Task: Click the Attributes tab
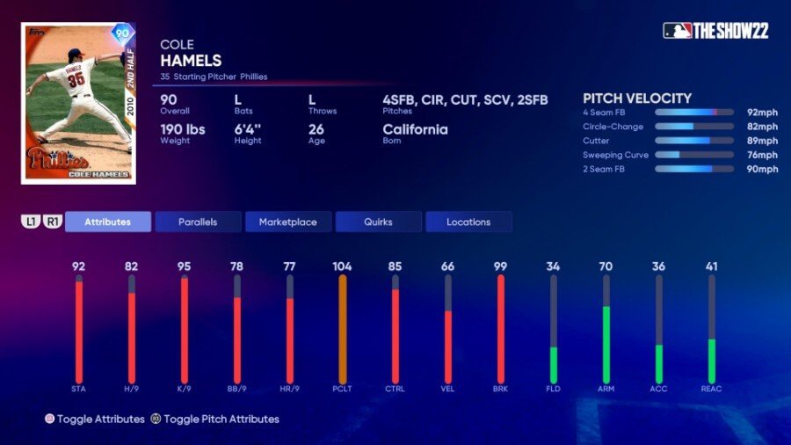coord(107,222)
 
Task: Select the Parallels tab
coord(198,222)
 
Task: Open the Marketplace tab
coord(287,222)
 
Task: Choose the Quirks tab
coord(378,222)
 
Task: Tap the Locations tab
coord(468,222)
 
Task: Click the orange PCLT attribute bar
coord(343,329)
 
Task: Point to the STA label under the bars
coord(79,389)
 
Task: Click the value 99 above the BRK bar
coord(501,266)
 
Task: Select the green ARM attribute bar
coord(606,344)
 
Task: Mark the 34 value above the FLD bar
coord(554,266)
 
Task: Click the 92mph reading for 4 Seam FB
coord(762,113)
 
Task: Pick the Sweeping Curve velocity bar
coord(693,155)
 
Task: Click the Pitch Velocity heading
coord(637,98)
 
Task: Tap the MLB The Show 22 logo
coord(715,31)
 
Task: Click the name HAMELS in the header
coord(191,61)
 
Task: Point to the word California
coord(415,129)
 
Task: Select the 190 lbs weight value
coord(184,129)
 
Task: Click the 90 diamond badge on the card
coord(122,35)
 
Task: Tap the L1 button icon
coord(31,222)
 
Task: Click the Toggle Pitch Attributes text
coord(221,419)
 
